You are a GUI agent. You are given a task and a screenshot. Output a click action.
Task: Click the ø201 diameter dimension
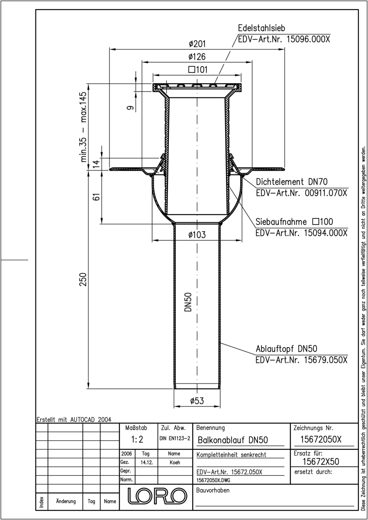197,44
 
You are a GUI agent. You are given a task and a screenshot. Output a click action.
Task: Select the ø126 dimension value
197,57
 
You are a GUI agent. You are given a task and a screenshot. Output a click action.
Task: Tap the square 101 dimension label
198,70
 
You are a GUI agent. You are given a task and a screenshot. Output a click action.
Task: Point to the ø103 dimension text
197,235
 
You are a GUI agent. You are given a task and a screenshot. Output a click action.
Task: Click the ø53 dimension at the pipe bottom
197,401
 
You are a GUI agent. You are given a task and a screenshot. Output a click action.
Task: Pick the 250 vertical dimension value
83,279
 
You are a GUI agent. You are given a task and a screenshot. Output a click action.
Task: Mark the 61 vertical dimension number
97,196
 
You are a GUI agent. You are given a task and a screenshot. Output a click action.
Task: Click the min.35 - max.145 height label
83,127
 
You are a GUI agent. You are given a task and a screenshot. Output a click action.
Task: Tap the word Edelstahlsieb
261,28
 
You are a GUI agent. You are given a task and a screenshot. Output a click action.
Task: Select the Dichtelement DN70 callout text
291,182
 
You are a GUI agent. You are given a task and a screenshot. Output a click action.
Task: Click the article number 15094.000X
326,233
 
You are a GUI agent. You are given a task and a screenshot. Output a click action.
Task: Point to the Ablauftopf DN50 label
286,349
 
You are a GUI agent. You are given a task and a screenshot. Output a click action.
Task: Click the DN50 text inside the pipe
188,302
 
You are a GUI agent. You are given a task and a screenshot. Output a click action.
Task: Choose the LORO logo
158,496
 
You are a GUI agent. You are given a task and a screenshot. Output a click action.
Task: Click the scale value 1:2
137,439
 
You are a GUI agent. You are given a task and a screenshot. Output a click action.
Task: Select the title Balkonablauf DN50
232,440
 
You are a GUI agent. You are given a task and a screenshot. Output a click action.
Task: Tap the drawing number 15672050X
321,439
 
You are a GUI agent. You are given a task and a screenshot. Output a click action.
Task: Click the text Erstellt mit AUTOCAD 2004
74,419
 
